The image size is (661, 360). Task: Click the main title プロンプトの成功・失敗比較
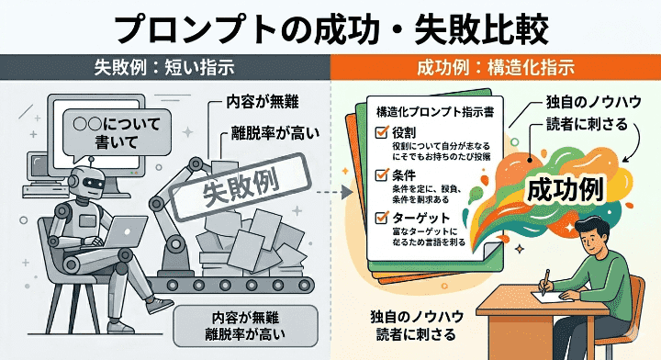330,27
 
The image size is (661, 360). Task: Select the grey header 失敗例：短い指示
164,68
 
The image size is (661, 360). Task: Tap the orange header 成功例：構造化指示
496,68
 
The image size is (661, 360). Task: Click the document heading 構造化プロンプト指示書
432,110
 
